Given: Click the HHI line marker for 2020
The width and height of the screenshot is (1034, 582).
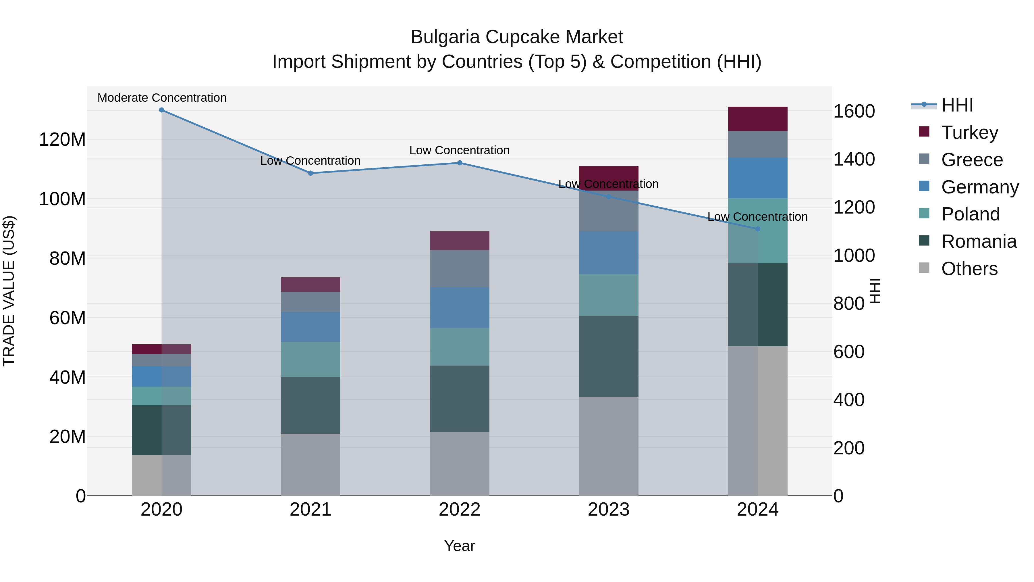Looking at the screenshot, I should (161, 110).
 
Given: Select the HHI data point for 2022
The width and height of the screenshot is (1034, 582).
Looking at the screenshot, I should (460, 163).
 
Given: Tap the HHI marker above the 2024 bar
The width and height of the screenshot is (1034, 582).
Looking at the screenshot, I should (757, 229).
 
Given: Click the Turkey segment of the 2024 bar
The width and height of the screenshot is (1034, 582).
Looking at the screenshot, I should (757, 119).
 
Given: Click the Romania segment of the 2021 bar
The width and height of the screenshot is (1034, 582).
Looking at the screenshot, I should (310, 405).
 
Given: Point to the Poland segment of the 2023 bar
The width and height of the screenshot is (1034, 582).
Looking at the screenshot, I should (609, 295).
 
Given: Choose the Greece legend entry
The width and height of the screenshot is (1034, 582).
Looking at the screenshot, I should (972, 160).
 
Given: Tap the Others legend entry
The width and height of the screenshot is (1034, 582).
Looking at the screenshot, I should (969, 269).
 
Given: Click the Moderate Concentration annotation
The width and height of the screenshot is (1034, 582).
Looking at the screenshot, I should (162, 98).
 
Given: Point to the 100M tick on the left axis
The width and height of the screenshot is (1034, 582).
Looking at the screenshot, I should (62, 199).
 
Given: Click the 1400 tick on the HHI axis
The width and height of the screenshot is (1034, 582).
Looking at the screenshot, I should (854, 160).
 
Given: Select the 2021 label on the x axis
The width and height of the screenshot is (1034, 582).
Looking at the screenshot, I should (310, 510).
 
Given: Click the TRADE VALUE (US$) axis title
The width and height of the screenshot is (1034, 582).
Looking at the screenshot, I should (9, 291).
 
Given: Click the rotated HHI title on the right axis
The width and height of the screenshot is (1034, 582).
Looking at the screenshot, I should (875, 291).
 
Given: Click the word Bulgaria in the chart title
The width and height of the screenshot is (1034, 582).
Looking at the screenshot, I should (445, 37).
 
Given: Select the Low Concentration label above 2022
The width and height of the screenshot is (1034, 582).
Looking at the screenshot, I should (459, 151).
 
